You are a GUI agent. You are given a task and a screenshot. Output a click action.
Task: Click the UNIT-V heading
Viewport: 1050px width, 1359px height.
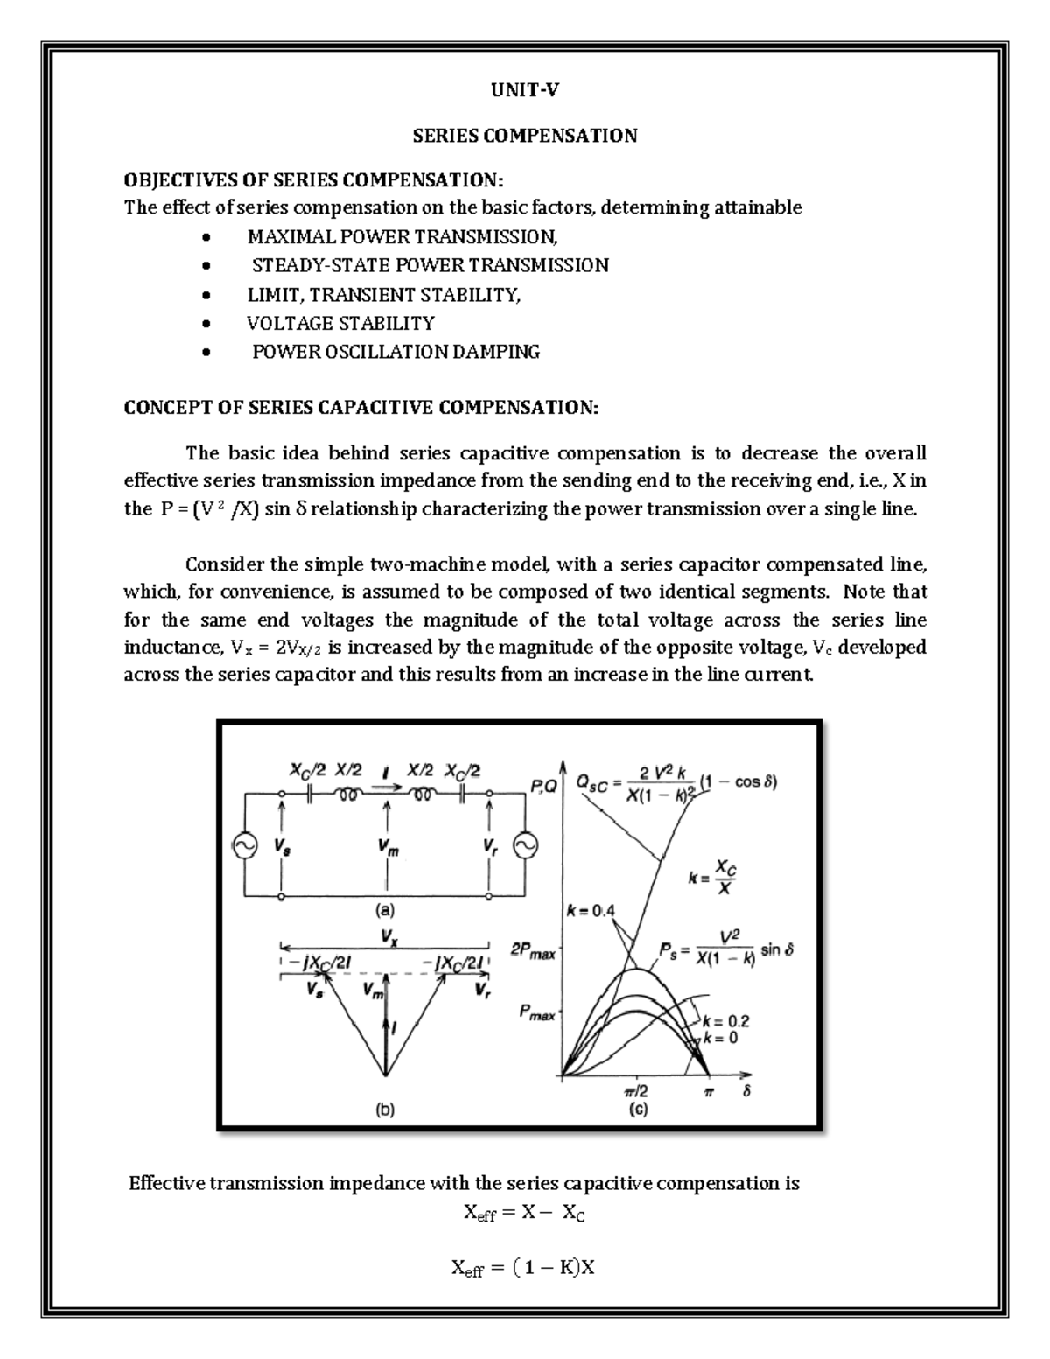click(525, 88)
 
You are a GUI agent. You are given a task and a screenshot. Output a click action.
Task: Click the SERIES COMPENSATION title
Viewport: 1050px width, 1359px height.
click(525, 136)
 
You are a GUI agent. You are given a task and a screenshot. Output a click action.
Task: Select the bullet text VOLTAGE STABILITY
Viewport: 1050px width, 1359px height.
click(340, 324)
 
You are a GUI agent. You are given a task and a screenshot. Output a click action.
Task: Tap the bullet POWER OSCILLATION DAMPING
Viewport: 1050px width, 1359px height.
click(395, 353)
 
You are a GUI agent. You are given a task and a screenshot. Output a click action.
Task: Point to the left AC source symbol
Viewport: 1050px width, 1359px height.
click(240, 844)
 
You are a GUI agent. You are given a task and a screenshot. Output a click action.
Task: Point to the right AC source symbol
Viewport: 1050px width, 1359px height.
click(526, 844)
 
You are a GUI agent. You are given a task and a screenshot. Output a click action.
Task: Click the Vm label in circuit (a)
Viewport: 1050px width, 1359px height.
click(388, 846)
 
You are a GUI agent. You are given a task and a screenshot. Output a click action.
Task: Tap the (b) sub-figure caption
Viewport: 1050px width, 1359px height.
click(385, 1110)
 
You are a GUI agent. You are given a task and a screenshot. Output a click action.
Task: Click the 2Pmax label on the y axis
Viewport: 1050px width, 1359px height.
click(533, 950)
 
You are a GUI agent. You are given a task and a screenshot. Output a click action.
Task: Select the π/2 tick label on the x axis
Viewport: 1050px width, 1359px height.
click(636, 1092)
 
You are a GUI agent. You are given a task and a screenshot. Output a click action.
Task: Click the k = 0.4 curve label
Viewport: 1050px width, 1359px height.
click(591, 911)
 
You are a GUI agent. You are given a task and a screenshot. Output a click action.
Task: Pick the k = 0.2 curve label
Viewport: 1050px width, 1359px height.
click(726, 1021)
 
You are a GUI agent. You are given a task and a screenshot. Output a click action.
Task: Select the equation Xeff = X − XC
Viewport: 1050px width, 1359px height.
click(524, 1214)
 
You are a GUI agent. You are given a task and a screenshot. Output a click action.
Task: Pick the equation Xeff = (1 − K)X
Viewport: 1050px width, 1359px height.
click(523, 1267)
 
